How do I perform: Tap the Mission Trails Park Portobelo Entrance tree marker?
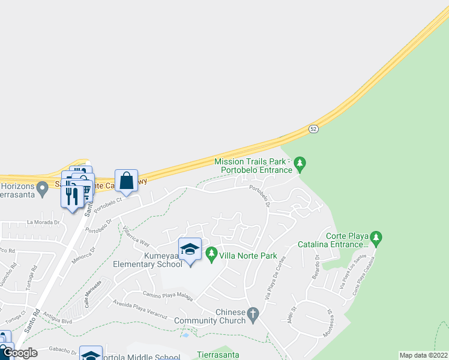301,163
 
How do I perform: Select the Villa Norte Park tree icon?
211,255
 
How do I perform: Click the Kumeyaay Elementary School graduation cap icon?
190,248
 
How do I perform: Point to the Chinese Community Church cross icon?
253,313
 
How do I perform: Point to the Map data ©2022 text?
423,355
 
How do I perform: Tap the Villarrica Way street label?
136,235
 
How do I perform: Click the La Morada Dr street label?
44,222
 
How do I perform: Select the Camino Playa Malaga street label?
167,293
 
